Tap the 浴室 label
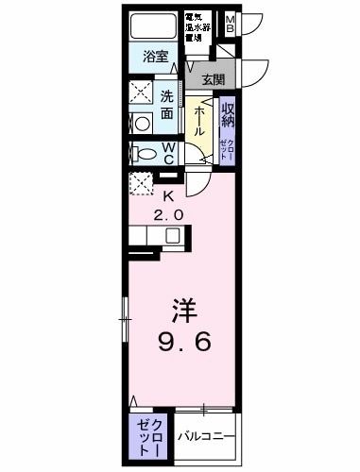155,56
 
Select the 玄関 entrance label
213,78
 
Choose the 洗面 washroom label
165,104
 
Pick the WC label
166,154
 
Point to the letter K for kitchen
170,196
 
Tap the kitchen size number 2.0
170,214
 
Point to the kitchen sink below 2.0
150,235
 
